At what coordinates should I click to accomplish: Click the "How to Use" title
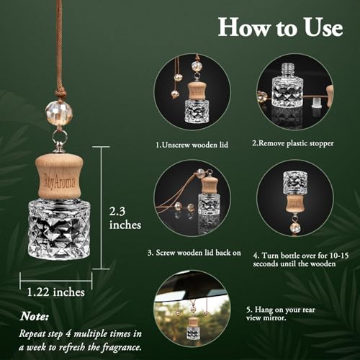[280, 27]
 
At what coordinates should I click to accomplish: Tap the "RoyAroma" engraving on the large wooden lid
[59, 182]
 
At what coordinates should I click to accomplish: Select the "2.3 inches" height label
[125, 218]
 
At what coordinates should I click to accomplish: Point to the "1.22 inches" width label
[55, 292]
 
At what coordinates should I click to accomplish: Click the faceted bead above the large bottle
[59, 114]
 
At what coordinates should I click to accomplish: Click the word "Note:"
[35, 316]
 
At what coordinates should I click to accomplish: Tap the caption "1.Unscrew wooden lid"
[192, 145]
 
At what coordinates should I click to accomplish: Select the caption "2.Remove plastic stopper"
[293, 143]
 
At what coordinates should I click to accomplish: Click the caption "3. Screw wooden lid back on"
[194, 253]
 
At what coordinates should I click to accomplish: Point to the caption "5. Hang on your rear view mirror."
[280, 314]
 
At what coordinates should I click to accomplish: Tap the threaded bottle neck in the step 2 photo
[287, 69]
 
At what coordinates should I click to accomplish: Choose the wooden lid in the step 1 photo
[197, 91]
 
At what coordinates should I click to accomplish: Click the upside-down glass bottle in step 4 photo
[295, 183]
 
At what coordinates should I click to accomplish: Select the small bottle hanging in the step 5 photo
[193, 328]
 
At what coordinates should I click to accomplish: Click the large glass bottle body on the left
[59, 230]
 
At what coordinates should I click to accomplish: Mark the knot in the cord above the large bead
[59, 94]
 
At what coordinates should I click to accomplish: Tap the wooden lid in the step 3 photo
[210, 185]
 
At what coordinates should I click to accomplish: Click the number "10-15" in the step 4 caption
[339, 256]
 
